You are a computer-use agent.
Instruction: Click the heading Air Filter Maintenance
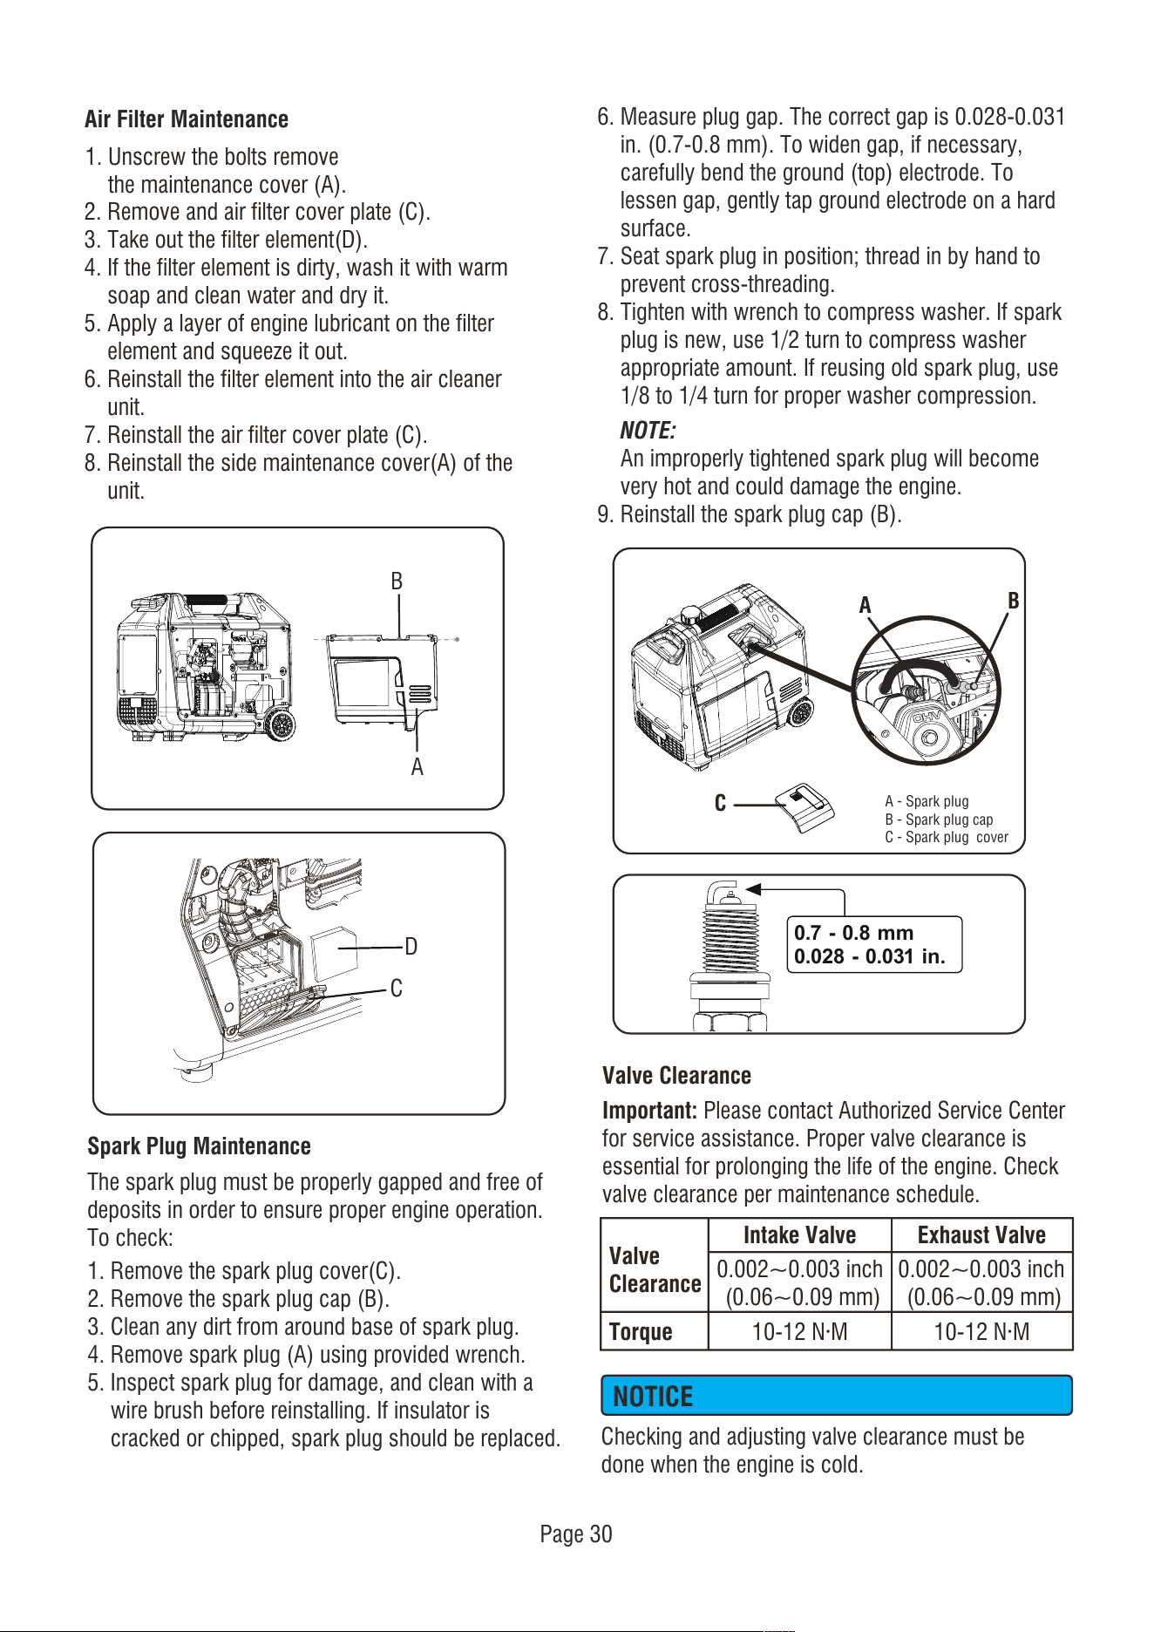click(187, 119)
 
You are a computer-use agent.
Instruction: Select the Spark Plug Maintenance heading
click(199, 1146)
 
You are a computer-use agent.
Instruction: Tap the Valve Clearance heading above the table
click(676, 1076)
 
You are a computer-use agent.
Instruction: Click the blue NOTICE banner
click(836, 1396)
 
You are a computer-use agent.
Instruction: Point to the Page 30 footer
click(576, 1534)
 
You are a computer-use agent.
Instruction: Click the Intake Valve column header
click(799, 1235)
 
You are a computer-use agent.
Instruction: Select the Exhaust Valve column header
click(981, 1235)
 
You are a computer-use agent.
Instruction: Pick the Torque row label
click(641, 1332)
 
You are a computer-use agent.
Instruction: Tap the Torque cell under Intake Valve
click(799, 1332)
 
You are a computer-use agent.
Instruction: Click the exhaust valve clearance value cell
click(981, 1282)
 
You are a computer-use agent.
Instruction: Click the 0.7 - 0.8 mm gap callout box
click(874, 944)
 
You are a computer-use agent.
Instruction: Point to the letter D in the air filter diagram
click(411, 947)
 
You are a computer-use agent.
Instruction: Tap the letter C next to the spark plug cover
click(720, 804)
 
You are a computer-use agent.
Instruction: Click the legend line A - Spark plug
click(927, 801)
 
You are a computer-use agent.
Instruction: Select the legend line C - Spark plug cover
click(947, 837)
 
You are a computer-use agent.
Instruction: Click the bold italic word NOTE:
click(648, 431)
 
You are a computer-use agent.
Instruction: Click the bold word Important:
click(649, 1111)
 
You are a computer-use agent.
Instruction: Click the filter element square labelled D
click(335, 954)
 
